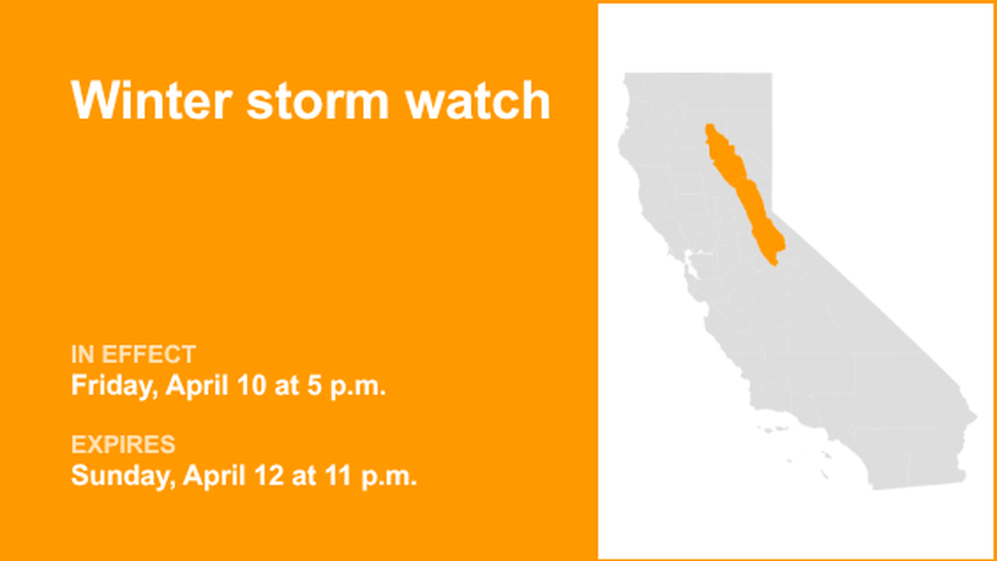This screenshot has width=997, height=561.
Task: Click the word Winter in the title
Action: (149, 102)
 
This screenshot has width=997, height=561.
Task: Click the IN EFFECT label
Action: (133, 354)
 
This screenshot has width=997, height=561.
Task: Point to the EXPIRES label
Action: (123, 445)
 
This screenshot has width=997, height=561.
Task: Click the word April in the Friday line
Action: (192, 386)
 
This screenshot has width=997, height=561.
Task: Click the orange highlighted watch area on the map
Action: (739, 188)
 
